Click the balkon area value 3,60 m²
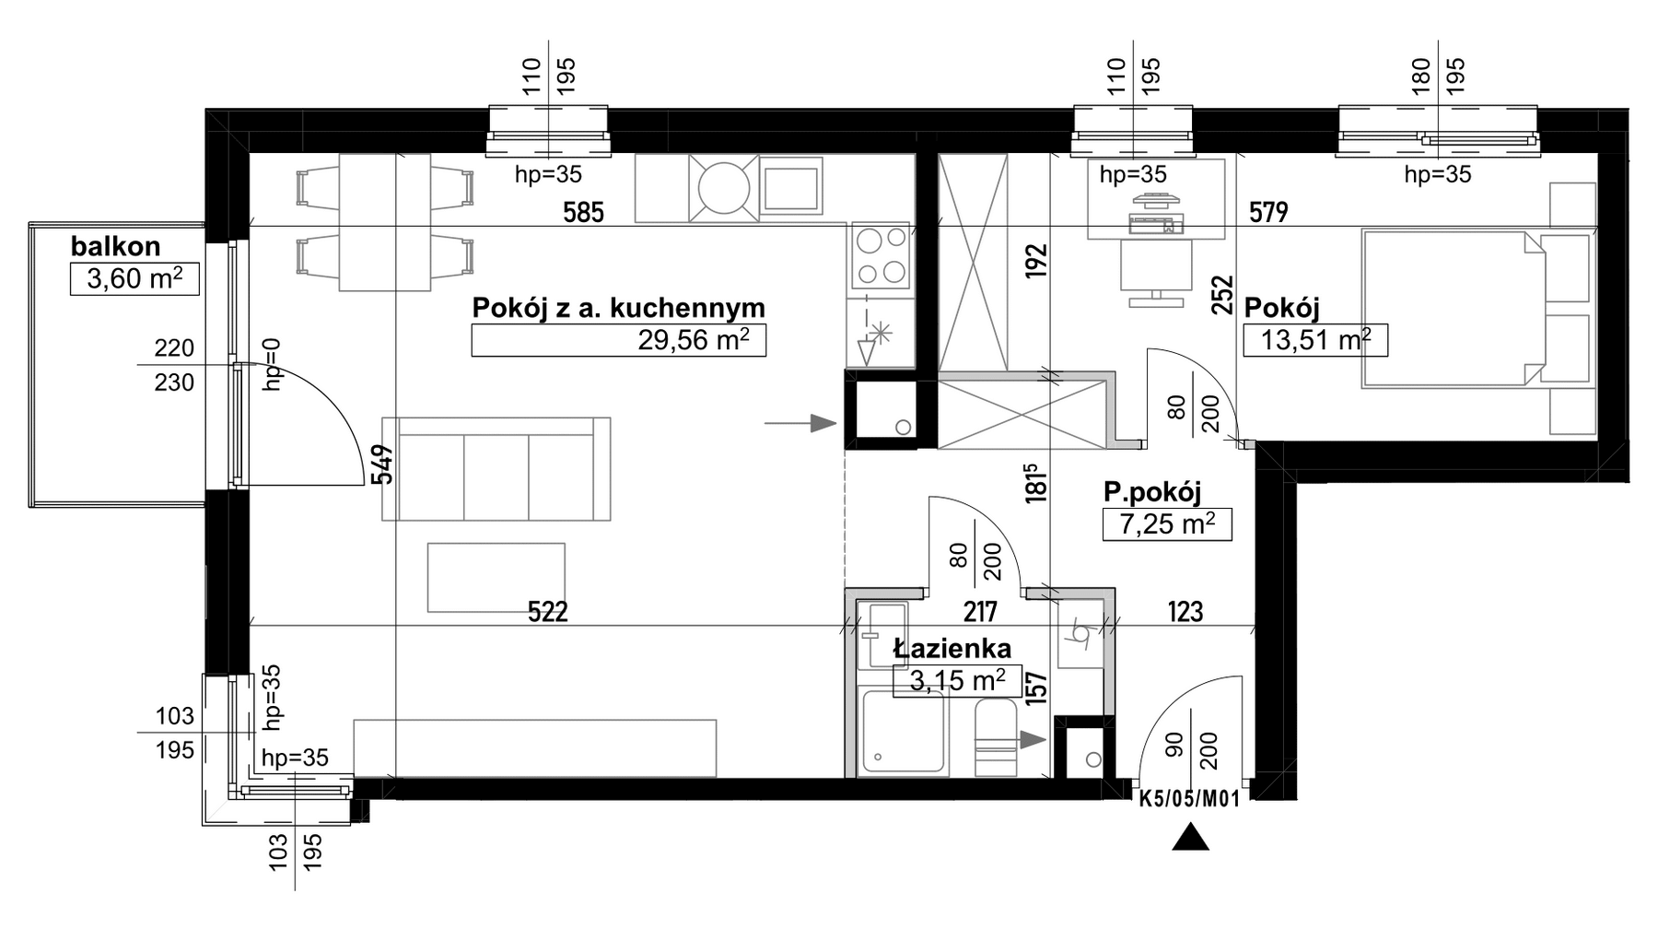click(x=134, y=278)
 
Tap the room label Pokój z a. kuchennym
click(x=618, y=308)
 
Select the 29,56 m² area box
click(x=618, y=341)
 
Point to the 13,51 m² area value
click(x=1315, y=340)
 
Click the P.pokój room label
click(x=1152, y=494)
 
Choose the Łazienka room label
click(x=952, y=649)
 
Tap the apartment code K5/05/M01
click(x=1189, y=800)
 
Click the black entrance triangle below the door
click(x=1190, y=837)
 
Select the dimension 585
click(x=583, y=213)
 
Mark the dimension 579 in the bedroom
click(x=1268, y=213)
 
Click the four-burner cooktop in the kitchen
click(x=882, y=256)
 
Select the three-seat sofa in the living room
click(x=496, y=469)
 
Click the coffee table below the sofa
click(x=496, y=578)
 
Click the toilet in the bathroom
click(x=995, y=737)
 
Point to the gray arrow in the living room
click(x=800, y=423)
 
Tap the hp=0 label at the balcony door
click(x=271, y=364)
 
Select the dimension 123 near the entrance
click(x=1185, y=611)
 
